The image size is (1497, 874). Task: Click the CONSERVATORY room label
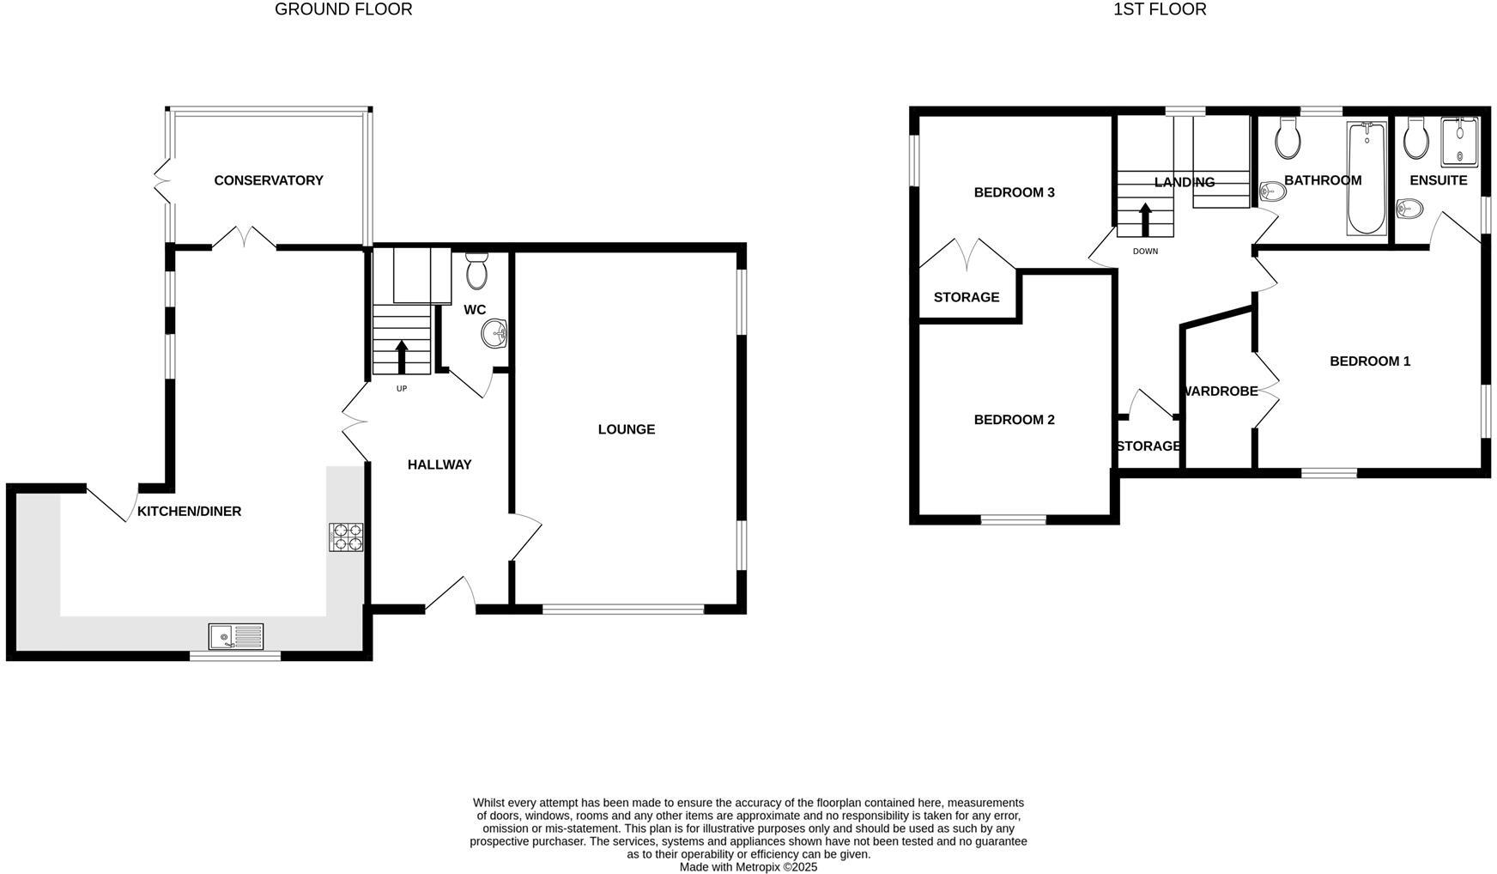pyautogui.click(x=268, y=180)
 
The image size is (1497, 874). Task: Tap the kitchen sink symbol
pyautogui.click(x=236, y=637)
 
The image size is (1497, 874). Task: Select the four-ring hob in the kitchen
pyautogui.click(x=346, y=537)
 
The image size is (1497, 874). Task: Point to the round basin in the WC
pyautogui.click(x=495, y=333)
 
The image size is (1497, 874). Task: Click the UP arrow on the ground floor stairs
pyautogui.click(x=401, y=356)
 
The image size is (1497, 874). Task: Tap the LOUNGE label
pyautogui.click(x=626, y=429)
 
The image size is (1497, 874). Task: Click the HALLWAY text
pyautogui.click(x=439, y=464)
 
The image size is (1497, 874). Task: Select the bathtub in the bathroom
pyautogui.click(x=1365, y=179)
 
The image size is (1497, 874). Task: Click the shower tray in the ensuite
pyautogui.click(x=1459, y=143)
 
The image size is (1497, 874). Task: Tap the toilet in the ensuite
pyautogui.click(x=1416, y=140)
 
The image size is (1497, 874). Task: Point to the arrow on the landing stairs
pyautogui.click(x=1145, y=219)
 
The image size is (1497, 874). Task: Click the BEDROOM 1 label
pyautogui.click(x=1370, y=361)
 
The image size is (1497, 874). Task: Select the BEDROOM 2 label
pyautogui.click(x=1014, y=420)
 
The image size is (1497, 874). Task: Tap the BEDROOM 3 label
pyautogui.click(x=1014, y=192)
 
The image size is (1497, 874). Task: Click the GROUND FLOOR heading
pyautogui.click(x=343, y=9)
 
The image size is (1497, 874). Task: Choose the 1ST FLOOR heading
pyautogui.click(x=1160, y=9)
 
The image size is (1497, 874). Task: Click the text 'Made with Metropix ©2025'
pyautogui.click(x=748, y=867)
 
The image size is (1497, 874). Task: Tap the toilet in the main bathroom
pyautogui.click(x=1288, y=139)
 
